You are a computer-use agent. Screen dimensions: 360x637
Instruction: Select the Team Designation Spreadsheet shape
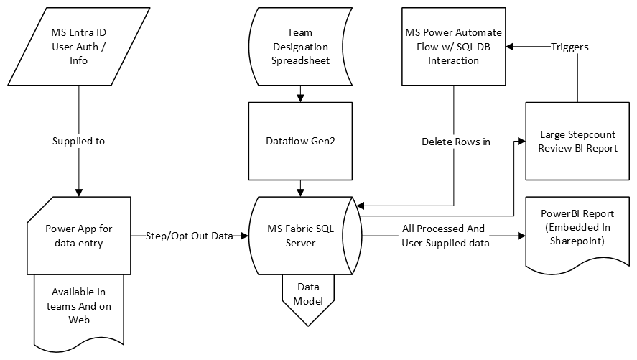pyautogui.click(x=299, y=47)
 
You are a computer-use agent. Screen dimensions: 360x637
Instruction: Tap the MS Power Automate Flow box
pyautogui.click(x=452, y=47)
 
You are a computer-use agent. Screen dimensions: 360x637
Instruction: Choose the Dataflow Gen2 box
pyautogui.click(x=299, y=141)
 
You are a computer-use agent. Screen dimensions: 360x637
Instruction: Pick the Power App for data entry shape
pyautogui.click(x=78, y=235)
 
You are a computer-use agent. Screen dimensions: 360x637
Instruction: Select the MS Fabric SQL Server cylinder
pyautogui.click(x=299, y=235)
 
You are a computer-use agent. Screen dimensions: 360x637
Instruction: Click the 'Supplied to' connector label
pyautogui.click(x=78, y=141)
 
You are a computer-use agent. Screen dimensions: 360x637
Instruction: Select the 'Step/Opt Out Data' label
pyautogui.click(x=190, y=236)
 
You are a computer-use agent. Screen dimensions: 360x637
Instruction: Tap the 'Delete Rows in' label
pyautogui.click(x=455, y=141)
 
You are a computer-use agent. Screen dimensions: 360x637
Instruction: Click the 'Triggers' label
pyautogui.click(x=569, y=47)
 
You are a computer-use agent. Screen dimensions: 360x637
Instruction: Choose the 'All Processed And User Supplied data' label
pyautogui.click(x=443, y=235)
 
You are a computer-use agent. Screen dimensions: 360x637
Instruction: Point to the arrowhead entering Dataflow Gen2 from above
pyautogui.click(x=299, y=97)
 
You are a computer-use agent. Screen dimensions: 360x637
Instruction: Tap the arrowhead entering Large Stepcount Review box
pyautogui.click(x=521, y=141)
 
